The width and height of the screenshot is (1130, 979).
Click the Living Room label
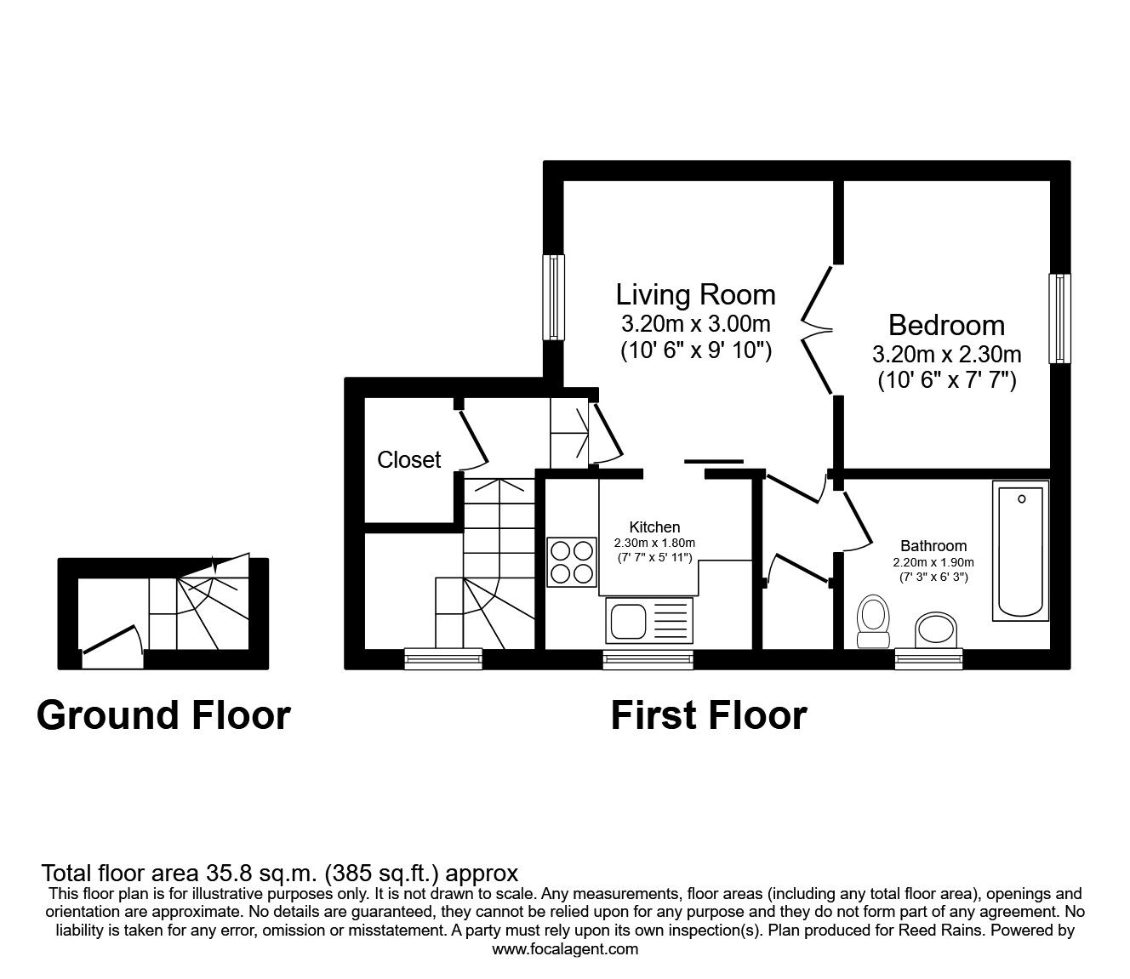pyautogui.click(x=695, y=295)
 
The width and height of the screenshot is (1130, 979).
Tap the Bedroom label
pyautogui.click(x=946, y=325)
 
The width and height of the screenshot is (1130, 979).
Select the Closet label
pyautogui.click(x=408, y=460)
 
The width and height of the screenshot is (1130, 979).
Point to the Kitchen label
pyautogui.click(x=654, y=527)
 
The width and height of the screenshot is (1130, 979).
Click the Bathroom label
pyautogui.click(x=933, y=546)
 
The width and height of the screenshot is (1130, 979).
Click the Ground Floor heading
pyautogui.click(x=163, y=715)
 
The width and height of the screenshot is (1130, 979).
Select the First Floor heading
pyautogui.click(x=708, y=715)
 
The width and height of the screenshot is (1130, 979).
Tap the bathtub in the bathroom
pyautogui.click(x=1020, y=551)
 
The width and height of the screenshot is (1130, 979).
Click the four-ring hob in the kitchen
pyautogui.click(x=571, y=563)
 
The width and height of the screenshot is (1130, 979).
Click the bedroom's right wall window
pyautogui.click(x=1059, y=319)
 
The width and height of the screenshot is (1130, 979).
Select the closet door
pyautogui.click(x=471, y=440)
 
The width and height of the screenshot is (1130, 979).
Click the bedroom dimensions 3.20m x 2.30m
pyautogui.click(x=946, y=354)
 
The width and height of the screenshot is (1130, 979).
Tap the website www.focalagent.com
pyautogui.click(x=565, y=949)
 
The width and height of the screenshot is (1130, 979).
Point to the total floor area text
pyautogui.click(x=280, y=873)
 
